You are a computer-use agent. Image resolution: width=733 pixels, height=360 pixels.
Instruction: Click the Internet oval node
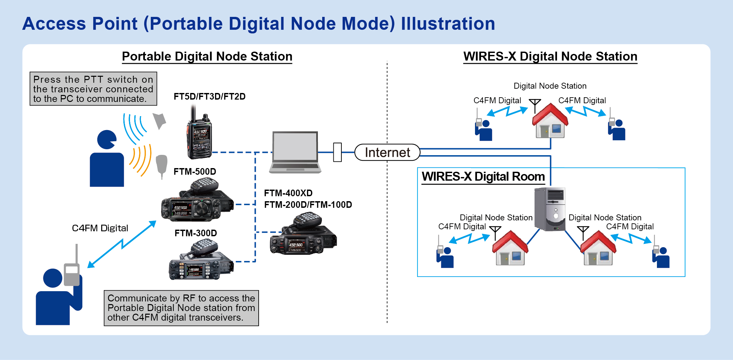point(387,153)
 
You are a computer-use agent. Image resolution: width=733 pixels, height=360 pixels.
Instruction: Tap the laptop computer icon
point(295,152)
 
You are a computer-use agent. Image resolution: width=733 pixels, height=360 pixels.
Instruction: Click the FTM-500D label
point(195,172)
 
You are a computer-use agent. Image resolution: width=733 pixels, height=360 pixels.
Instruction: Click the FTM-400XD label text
point(288,193)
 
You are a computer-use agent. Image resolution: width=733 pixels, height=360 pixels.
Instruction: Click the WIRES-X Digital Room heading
point(483,177)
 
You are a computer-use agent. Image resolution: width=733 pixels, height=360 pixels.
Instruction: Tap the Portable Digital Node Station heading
point(207,57)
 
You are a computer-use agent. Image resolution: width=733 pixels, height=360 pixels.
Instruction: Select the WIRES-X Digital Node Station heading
point(550,57)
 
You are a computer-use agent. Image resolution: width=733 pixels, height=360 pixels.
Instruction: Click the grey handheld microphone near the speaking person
point(161,165)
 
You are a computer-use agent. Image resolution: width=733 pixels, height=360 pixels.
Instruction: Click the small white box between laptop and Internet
point(337,152)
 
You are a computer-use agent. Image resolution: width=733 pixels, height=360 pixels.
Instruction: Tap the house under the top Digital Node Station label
point(550,122)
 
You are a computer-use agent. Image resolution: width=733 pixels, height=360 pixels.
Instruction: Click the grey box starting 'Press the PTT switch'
point(93,89)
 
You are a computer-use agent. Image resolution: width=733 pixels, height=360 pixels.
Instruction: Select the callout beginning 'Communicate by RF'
point(181,308)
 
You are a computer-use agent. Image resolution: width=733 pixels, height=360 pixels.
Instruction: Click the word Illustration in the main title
point(448,24)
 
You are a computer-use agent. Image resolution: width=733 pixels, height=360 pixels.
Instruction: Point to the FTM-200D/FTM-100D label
point(308,205)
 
